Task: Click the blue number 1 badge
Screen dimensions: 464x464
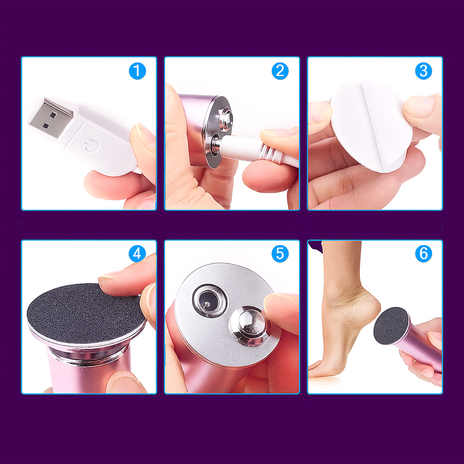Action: (x=137, y=71)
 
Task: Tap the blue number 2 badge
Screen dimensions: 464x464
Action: (x=280, y=71)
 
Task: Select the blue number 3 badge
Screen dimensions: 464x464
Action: (x=424, y=71)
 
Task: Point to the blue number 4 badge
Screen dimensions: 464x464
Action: (x=137, y=254)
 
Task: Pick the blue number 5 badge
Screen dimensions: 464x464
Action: (x=280, y=254)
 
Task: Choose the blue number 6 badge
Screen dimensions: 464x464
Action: (x=424, y=254)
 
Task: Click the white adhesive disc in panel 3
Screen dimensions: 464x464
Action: (x=372, y=127)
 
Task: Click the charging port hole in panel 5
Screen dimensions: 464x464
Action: (x=210, y=301)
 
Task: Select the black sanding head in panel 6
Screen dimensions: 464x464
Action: (x=391, y=326)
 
